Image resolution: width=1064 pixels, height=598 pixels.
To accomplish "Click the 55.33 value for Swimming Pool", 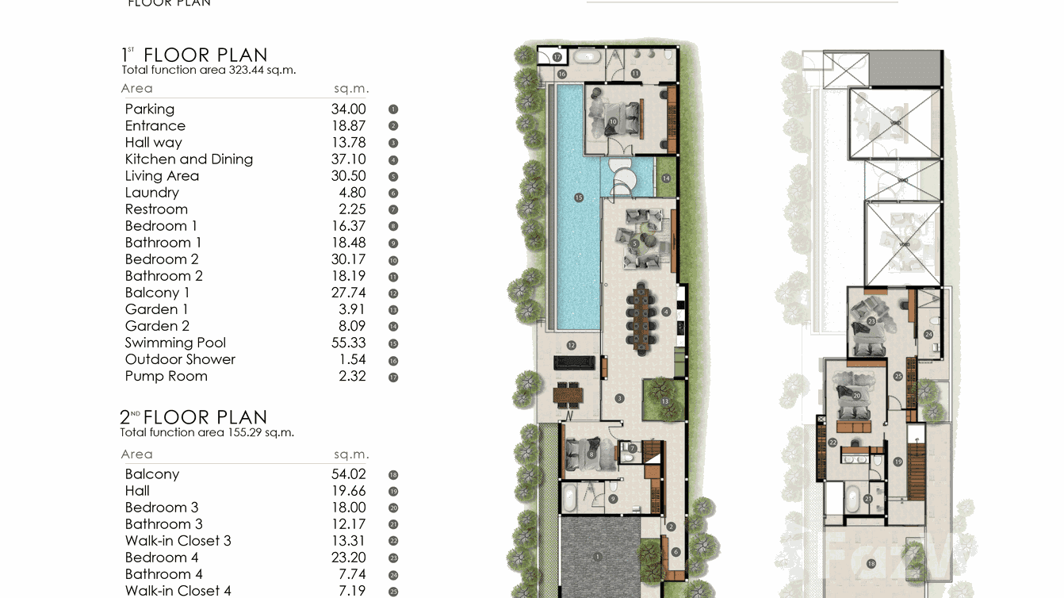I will coord(348,343).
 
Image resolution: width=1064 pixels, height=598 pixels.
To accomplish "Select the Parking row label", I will coord(149,109).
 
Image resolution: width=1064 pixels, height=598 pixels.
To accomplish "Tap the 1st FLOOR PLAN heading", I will coord(194,55).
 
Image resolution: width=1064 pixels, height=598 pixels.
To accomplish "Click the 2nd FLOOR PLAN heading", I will coord(193,417).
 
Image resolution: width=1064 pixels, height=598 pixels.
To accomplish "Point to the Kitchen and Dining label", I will coord(189,159).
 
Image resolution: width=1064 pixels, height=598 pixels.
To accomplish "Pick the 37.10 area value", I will coord(348,159).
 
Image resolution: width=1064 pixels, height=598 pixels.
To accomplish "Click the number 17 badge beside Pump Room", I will coord(393,378).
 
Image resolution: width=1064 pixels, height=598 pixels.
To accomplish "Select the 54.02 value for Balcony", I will coord(348,474).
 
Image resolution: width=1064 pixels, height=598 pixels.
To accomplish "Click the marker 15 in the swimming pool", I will coord(579,197).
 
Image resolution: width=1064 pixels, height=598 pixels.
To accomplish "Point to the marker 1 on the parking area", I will coord(598,558).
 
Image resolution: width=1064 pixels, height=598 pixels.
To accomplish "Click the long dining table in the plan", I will coord(641,317).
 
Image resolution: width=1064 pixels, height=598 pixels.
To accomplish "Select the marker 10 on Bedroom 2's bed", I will coord(613,121).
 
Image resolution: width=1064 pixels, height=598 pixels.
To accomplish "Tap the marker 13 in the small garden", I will coord(665,402).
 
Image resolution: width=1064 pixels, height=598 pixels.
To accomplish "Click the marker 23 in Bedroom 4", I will coord(871,321).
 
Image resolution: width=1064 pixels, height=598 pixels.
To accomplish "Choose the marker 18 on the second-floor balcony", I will coord(871,564).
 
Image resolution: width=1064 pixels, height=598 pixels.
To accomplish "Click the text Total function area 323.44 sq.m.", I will coord(209,70).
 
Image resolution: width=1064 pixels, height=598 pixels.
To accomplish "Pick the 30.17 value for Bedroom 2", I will coord(348,259).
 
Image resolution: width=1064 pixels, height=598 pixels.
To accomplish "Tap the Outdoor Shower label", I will coord(180,359).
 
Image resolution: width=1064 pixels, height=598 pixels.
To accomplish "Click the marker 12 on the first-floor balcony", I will coord(571,346).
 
